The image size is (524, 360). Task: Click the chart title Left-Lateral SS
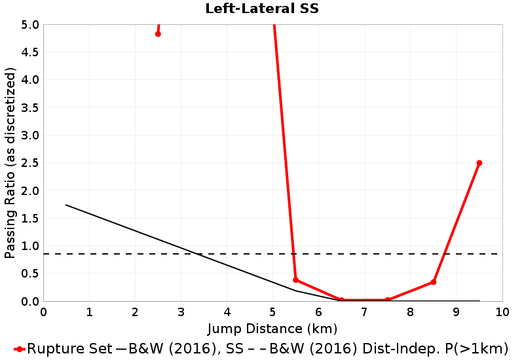261,9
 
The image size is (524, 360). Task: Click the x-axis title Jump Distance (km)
272,328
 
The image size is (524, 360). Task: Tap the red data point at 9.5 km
479,163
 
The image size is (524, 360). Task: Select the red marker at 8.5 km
434,282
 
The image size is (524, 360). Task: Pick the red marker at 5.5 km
296,280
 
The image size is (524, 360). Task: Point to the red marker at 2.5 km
158,34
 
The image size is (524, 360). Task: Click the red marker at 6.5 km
342,300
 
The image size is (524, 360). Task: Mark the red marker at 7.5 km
388,300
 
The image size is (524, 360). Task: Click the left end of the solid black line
66,205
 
